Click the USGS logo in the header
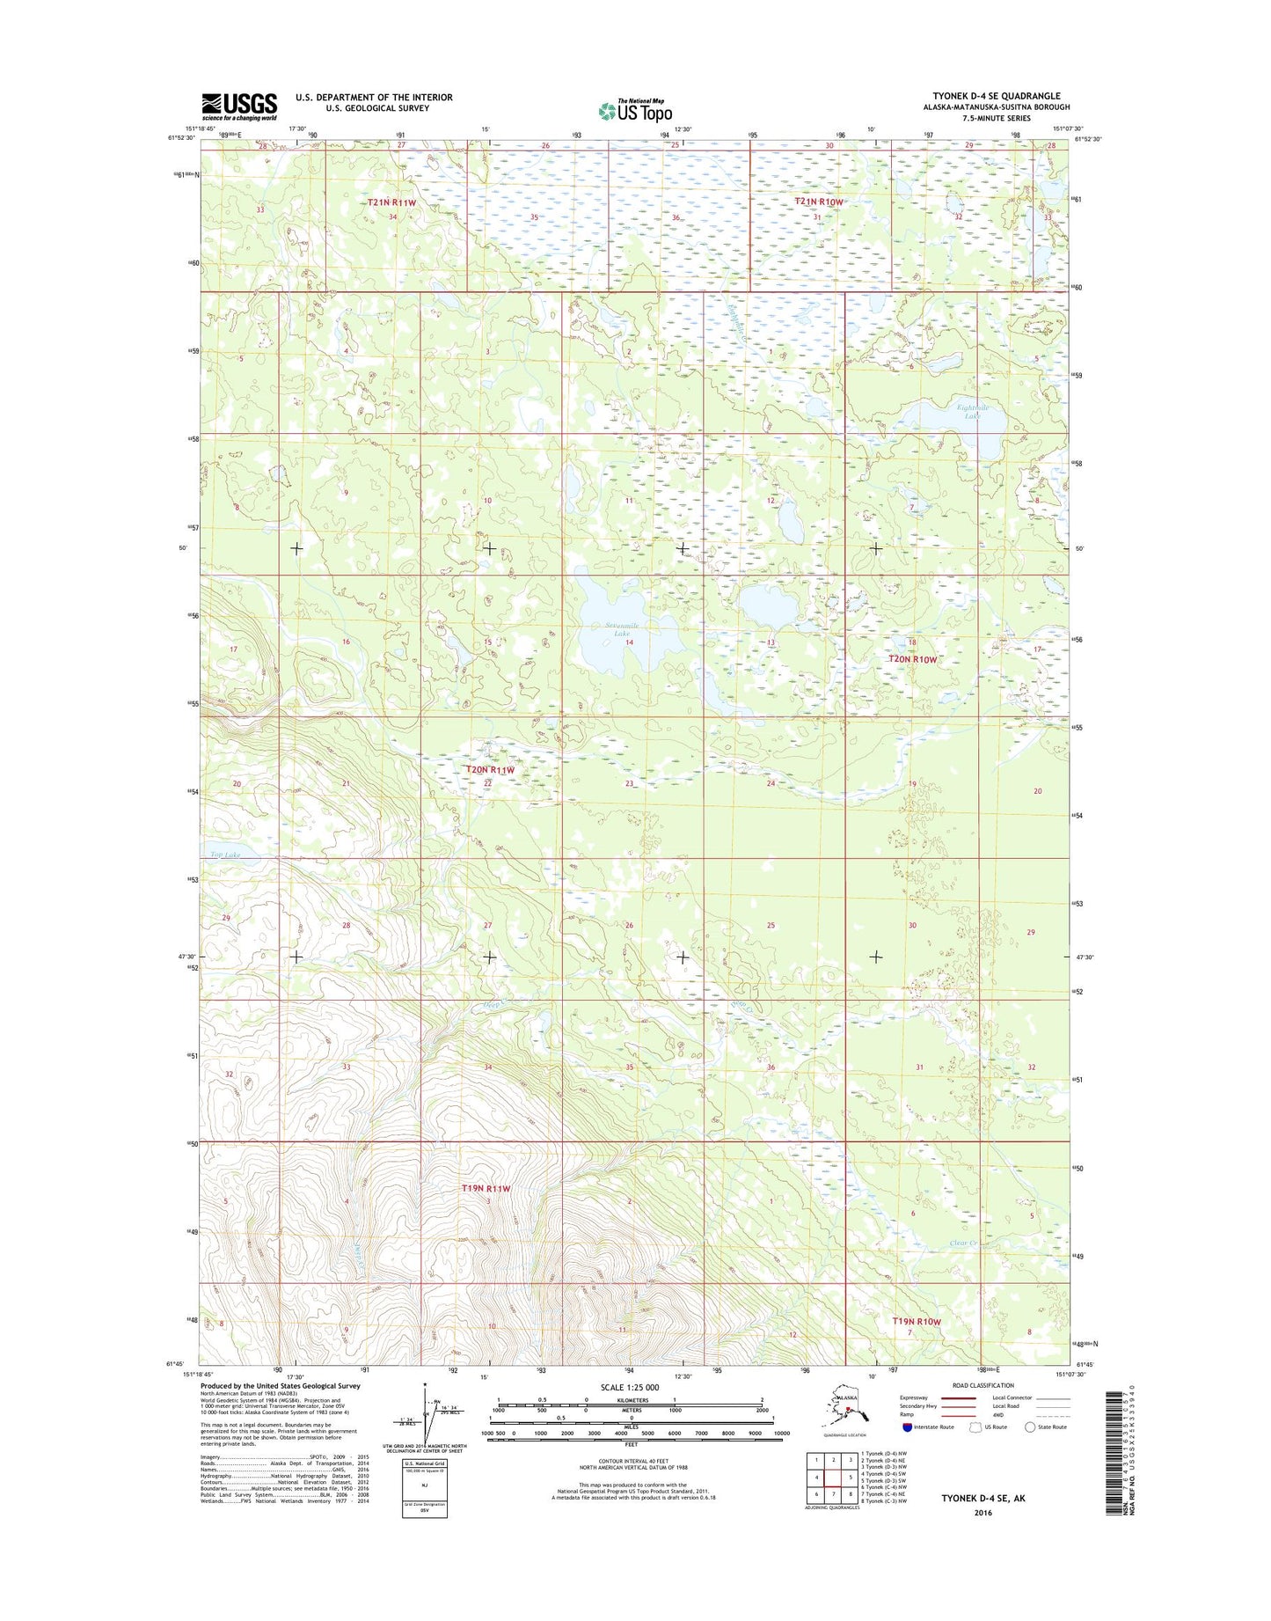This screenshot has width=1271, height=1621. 239,106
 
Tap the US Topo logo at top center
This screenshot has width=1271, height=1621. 635,110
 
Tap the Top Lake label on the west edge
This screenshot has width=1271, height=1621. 225,855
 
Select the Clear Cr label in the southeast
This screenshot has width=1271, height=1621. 964,1243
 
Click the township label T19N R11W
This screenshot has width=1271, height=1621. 486,1188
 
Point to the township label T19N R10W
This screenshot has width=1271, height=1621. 917,1322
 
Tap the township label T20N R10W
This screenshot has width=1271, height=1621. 913,658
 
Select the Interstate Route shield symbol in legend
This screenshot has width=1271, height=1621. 907,1427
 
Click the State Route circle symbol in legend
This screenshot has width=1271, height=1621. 1029,1427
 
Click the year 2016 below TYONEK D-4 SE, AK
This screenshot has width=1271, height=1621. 982,1513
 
